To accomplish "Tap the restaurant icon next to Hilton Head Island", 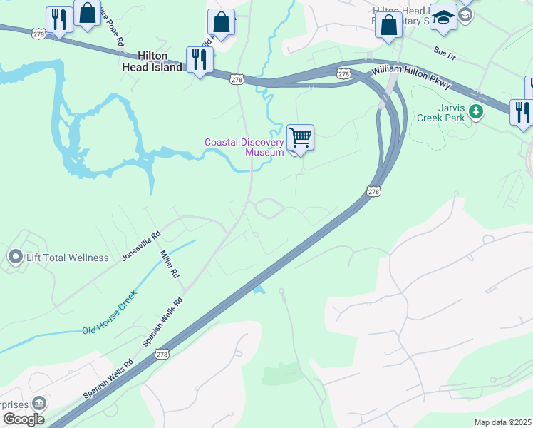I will [x=199, y=60].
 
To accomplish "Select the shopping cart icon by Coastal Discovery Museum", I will [x=300, y=136].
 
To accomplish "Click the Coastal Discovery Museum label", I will [x=244, y=147].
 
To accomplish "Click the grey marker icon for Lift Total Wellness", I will [x=15, y=256].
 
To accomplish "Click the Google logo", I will [x=24, y=419].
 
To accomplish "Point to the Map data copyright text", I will [x=502, y=422].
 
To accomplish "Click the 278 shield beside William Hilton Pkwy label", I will [x=343, y=73].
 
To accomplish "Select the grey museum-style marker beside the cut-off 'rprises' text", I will [x=38, y=403].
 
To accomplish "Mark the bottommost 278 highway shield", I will [x=162, y=353].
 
